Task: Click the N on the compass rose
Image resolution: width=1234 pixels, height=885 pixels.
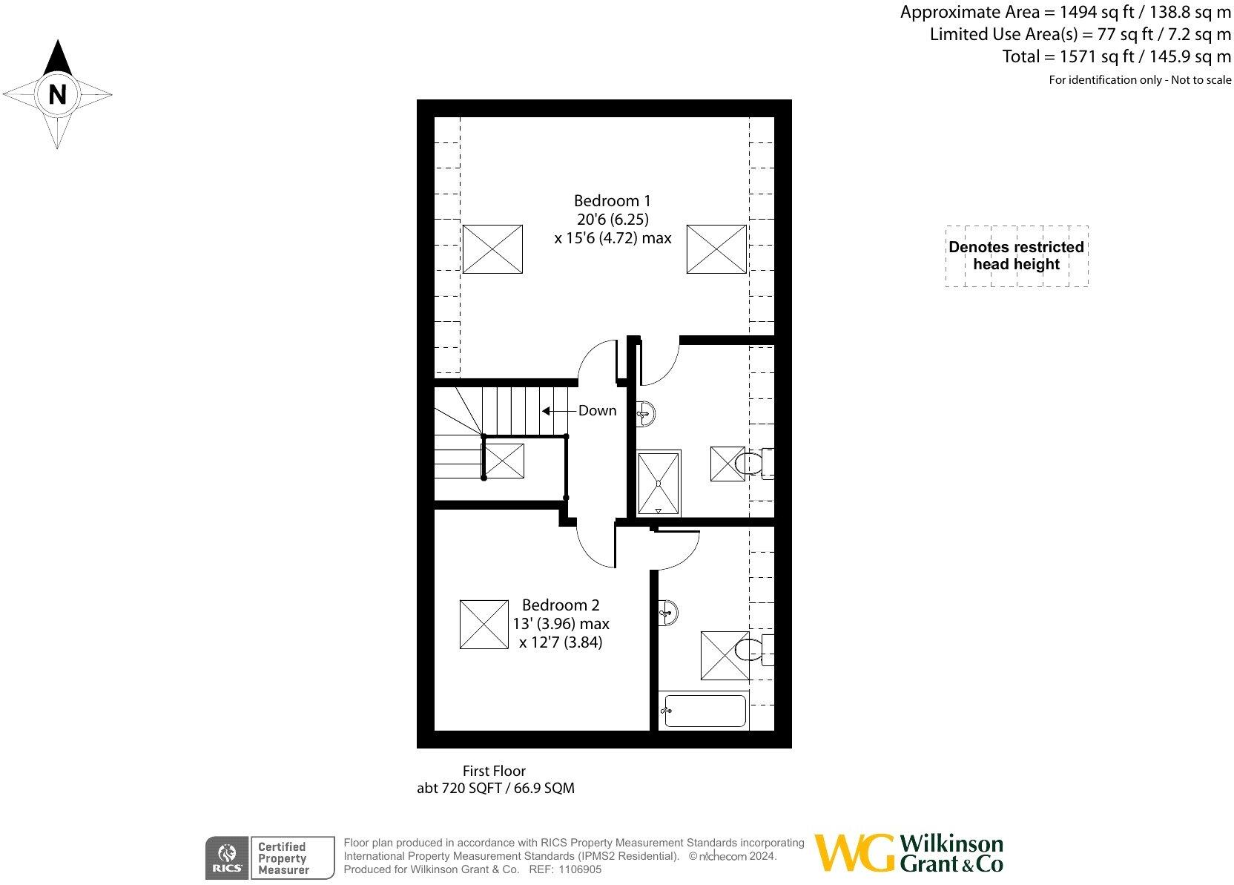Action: [x=57, y=94]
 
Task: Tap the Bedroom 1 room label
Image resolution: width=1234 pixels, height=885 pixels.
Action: [x=612, y=201]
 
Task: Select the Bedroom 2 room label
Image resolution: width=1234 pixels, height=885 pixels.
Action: [x=561, y=605]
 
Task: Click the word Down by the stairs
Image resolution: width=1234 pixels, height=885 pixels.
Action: [x=597, y=410]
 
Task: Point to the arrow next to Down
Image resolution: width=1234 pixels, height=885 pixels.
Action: [x=558, y=410]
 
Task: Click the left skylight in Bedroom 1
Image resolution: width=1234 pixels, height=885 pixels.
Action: [x=492, y=249]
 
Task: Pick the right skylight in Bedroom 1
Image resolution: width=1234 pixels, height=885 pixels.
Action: [x=716, y=249]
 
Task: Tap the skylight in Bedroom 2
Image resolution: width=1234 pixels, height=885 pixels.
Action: [x=484, y=625]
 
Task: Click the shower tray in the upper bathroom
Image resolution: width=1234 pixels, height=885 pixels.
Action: [x=658, y=483]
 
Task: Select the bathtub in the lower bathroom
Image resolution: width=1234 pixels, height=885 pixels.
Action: [x=702, y=711]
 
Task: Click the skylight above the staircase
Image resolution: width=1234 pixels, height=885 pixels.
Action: [x=504, y=460]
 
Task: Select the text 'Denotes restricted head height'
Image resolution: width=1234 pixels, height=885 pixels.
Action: [x=1016, y=256]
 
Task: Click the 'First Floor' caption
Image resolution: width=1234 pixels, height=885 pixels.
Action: [x=494, y=772]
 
